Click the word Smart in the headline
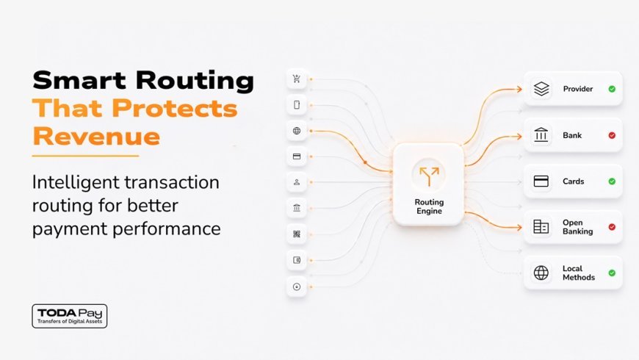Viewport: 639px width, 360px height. [x=79, y=80]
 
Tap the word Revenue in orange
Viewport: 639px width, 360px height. [x=96, y=136]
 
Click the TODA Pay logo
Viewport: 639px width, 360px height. [x=70, y=316]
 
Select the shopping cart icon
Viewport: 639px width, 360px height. [x=297, y=79]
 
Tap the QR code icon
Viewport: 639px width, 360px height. [x=297, y=234]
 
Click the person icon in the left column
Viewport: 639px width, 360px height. [x=297, y=182]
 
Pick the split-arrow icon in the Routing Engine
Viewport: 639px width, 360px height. [x=429, y=176]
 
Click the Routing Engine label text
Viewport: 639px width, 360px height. [x=429, y=206]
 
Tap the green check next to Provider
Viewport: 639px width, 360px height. [x=612, y=89]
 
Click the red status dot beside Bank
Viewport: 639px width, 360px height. [x=612, y=135]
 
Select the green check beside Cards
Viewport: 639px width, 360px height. [x=612, y=181]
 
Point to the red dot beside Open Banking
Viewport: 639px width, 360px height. [x=612, y=227]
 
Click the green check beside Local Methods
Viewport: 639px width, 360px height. [x=612, y=273]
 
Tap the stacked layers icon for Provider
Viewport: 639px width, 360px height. [x=541, y=89]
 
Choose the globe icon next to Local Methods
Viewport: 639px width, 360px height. [x=541, y=273]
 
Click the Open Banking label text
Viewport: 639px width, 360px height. [x=577, y=227]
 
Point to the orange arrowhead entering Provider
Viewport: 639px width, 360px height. [x=519, y=90]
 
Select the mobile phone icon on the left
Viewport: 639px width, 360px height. [x=297, y=105]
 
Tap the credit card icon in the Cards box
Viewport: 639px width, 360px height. [x=541, y=181]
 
